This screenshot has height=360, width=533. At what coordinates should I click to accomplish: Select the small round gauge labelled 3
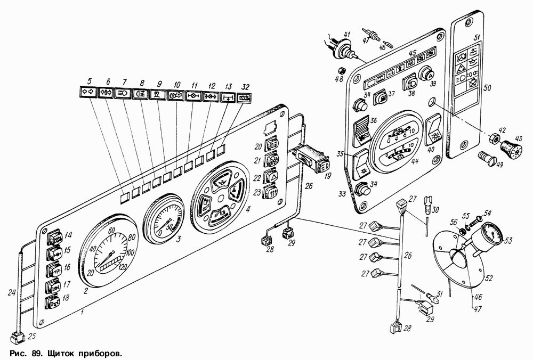[163, 219]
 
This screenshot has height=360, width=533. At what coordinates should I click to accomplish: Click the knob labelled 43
[513, 146]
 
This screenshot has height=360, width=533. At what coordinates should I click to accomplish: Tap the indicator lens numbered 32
[245, 100]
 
